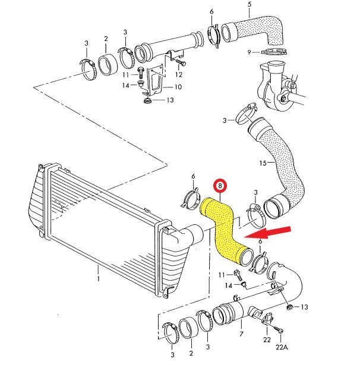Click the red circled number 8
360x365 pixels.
tap(221, 186)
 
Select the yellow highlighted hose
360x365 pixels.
tap(225, 231)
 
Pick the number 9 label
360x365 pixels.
tap(250, 52)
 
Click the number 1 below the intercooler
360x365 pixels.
tap(99, 276)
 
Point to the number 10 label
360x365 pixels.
tap(178, 87)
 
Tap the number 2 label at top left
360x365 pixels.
tap(105, 39)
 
